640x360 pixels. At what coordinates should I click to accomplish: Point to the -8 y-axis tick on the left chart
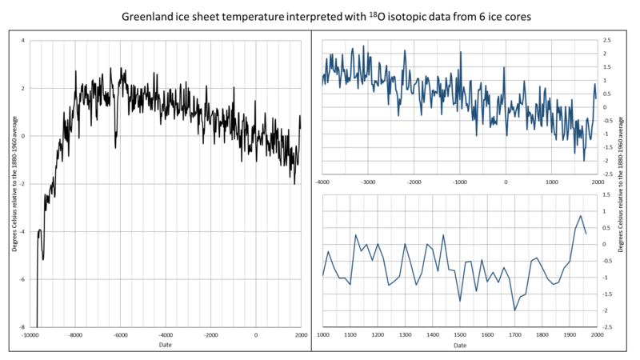pos(22,327)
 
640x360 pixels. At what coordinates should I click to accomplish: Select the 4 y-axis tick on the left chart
pos(23,40)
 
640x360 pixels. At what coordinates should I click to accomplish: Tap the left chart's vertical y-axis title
pos(14,184)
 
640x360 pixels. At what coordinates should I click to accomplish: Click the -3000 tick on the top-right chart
pos(368,182)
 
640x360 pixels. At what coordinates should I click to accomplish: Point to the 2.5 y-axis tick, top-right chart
pos(607,40)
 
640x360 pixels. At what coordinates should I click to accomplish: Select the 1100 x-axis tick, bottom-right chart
pos(350,334)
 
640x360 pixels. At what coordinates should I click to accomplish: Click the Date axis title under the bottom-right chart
pos(460,346)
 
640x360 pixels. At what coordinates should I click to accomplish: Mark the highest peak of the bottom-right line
pos(581,216)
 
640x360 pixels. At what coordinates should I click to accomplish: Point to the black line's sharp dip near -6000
pos(116,147)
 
